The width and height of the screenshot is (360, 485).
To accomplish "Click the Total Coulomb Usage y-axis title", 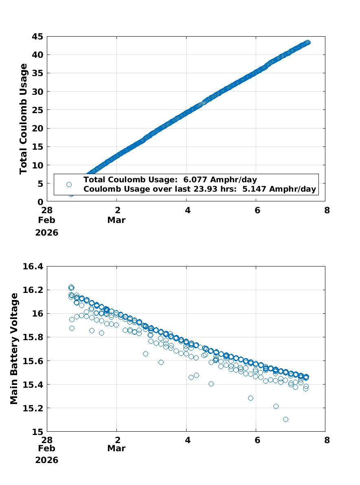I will coord(24,119).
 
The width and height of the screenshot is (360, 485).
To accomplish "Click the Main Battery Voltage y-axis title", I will coord(14,348).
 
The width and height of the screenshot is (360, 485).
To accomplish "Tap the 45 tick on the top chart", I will coord(38,36).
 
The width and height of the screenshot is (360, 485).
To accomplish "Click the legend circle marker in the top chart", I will coord(69,184).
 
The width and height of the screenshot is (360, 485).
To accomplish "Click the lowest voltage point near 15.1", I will coord(285,419).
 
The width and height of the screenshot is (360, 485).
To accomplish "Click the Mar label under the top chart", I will coord(116,220).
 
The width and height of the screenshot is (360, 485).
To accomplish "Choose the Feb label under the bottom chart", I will coord(47,448).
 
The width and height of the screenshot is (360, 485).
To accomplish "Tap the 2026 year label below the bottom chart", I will coord(47,460).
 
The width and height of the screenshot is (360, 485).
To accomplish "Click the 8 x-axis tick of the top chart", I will coord(325,210).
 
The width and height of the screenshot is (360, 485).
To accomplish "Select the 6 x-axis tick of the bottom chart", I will coord(256,440).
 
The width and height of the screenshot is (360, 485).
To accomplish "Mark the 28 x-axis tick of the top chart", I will coord(47,210).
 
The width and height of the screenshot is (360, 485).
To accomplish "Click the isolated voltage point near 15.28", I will coord(250,398).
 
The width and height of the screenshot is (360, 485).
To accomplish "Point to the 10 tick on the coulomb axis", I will coord(38,165).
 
